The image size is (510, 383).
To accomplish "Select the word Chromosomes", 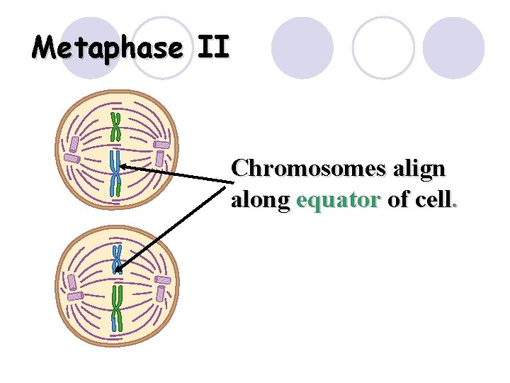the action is pos(309,169).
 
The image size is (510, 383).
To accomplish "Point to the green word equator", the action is pos(339,201).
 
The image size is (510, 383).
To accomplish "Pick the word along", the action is pos(260,201).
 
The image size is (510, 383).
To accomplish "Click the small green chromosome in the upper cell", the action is pos(115,126).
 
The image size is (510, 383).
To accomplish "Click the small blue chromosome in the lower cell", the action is pos(117,260).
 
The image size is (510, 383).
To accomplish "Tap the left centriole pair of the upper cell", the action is pos(72,150).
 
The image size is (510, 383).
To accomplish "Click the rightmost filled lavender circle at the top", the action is pos(453,48).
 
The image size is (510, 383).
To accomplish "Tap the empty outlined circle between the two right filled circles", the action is pos(383,48).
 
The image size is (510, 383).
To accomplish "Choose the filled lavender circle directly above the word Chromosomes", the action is pos(302,48).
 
